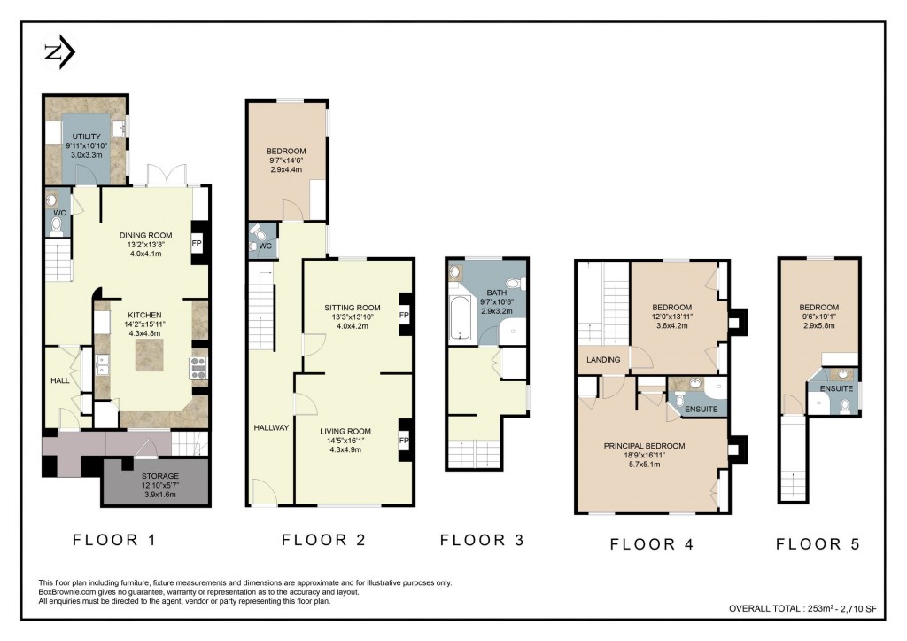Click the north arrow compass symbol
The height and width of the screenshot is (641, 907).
point(59,54)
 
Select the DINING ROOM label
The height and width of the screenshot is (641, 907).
point(145,235)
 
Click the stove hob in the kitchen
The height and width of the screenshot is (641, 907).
point(198,367)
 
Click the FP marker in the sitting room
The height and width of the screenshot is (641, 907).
point(404,315)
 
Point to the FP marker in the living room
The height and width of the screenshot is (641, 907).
point(404,441)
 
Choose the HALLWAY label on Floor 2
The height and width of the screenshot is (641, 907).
point(271,427)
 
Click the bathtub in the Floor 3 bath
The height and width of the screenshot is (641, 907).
point(461,319)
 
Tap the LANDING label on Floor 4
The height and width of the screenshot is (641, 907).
point(602,359)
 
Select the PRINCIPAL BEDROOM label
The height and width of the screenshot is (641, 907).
point(644,446)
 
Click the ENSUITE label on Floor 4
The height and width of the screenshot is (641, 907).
point(702,409)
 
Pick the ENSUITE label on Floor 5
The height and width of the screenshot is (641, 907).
point(836,388)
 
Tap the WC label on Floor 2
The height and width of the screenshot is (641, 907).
point(264,245)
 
